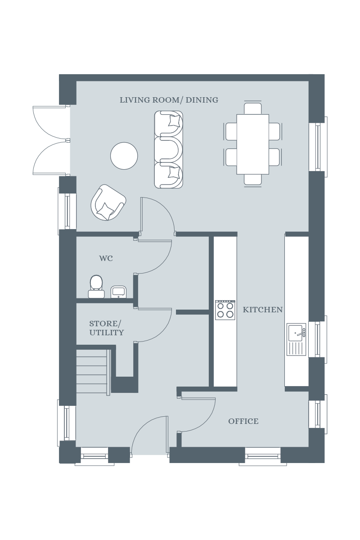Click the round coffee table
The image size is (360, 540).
click(124, 156)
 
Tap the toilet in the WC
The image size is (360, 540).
click(96, 286)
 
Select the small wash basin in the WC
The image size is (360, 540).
click(118, 292)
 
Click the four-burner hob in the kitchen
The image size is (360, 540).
click(225, 310)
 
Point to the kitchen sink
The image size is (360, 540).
click(296, 339)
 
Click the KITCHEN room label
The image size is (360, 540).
click(263, 310)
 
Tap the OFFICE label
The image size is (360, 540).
click(243, 421)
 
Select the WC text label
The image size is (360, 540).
click(106, 258)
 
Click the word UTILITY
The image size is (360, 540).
click(107, 333)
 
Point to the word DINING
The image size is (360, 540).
click(202, 100)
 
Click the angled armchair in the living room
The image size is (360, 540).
click(108, 202)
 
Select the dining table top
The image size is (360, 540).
click(253, 144)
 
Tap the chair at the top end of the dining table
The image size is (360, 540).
click(253, 108)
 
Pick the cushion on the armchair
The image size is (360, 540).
click(106, 211)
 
